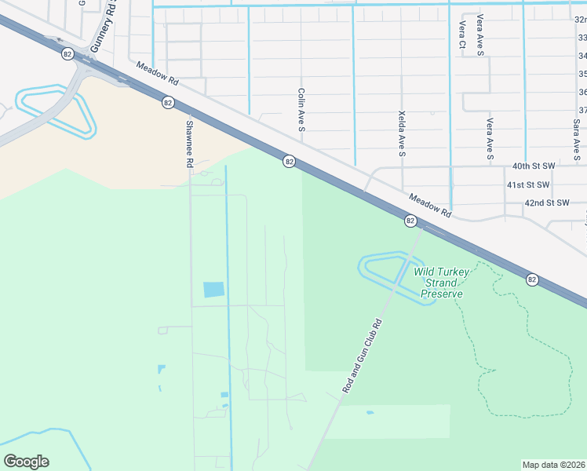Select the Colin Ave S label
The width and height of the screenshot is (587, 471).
(301, 108)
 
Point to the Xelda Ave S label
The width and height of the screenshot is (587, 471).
(402, 133)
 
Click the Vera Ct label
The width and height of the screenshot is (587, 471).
(461, 35)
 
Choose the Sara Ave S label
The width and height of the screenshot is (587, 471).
(577, 141)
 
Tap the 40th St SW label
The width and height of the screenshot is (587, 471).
(533, 166)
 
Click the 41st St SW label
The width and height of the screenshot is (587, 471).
(527, 184)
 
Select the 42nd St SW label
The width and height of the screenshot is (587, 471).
(546, 203)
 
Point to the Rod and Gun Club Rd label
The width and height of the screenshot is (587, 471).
(362, 356)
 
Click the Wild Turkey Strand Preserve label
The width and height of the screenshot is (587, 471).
(442, 283)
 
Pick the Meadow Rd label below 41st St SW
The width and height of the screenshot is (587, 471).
(430, 207)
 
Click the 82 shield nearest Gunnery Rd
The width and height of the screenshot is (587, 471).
(67, 53)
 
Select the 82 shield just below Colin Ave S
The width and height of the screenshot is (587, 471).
(290, 161)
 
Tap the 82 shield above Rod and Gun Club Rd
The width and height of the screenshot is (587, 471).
(410, 221)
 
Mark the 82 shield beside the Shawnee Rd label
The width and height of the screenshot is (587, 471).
(168, 102)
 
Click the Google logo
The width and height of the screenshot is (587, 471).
(26, 462)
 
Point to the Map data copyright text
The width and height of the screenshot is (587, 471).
(553, 464)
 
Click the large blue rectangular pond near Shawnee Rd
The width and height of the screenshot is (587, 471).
(213, 290)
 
